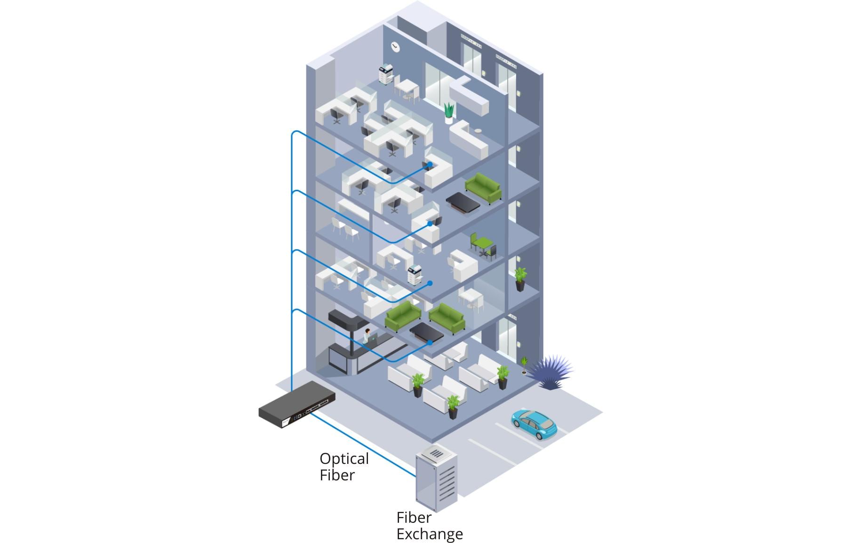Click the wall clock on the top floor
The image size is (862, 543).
(x=395, y=46)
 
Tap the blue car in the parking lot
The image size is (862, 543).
(x=535, y=423)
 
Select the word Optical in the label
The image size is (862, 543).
(x=344, y=459)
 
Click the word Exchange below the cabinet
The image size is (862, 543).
(x=429, y=534)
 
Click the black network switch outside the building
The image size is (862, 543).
(x=297, y=405)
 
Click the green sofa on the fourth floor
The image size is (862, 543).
(x=484, y=187)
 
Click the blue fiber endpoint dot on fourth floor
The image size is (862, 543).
(x=430, y=164)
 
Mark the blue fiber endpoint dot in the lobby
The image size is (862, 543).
(x=430, y=343)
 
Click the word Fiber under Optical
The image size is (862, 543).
(x=337, y=475)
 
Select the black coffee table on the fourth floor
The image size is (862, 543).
(x=463, y=202)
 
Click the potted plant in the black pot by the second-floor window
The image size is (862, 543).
(x=520, y=279)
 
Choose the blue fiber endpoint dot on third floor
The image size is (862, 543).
(x=430, y=224)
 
